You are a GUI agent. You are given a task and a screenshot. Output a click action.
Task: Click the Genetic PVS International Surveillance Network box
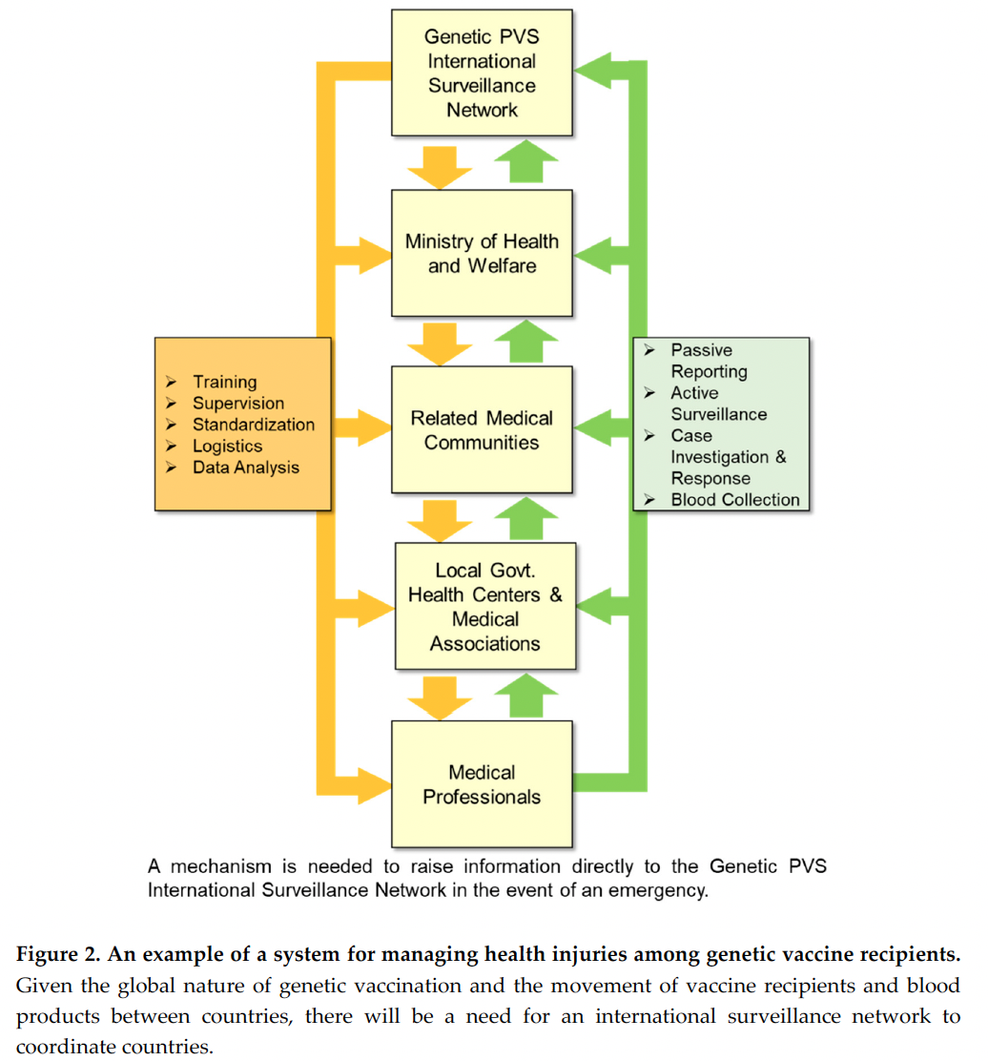[x=482, y=73]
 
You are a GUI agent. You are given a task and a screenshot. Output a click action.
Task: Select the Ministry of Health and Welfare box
[x=482, y=253]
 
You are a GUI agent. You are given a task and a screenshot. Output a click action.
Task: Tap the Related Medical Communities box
[x=482, y=429]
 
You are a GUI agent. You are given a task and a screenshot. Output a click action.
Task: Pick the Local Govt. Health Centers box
[x=485, y=606]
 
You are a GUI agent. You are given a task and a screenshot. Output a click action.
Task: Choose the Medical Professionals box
[x=482, y=783]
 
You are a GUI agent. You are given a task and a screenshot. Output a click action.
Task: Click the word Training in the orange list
[x=224, y=382]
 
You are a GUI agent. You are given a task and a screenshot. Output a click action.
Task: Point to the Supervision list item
[x=238, y=404]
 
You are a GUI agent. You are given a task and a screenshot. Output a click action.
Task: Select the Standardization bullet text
[x=254, y=425]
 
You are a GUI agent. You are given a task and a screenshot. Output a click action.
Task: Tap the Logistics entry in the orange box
[x=227, y=446]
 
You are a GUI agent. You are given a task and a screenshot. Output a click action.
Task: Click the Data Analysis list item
[x=245, y=468]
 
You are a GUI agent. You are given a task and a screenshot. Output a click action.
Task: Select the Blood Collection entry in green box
[x=735, y=499]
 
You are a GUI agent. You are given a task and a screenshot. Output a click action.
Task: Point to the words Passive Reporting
[x=709, y=361]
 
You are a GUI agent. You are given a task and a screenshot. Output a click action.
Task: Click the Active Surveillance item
[x=719, y=404]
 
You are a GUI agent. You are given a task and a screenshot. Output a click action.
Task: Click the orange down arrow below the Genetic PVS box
[x=440, y=167]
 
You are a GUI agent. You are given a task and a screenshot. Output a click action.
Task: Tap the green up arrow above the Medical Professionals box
[x=526, y=695]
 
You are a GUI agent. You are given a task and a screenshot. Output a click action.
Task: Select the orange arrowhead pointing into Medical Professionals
[x=376, y=786]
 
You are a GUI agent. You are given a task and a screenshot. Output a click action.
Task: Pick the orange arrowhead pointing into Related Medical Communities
[x=376, y=427]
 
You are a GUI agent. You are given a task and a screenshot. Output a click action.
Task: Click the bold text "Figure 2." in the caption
[x=58, y=954]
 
